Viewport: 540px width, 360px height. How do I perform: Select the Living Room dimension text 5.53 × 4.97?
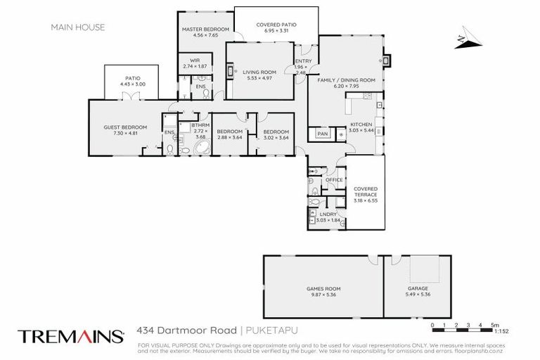click(x=259, y=77)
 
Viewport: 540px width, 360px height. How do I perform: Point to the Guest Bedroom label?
click(x=120, y=127)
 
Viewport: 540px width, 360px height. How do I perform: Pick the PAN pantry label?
click(x=323, y=133)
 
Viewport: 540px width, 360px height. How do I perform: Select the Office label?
click(x=333, y=180)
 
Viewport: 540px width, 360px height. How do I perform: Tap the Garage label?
click(x=418, y=288)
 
